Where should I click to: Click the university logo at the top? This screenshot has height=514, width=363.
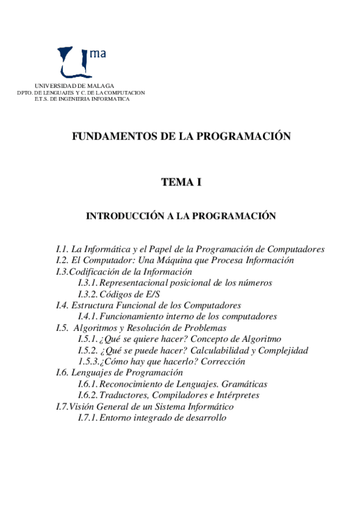click(x=82, y=61)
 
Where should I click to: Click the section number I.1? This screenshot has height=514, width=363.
click(x=62, y=249)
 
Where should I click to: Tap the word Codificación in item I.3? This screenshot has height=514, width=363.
click(x=93, y=272)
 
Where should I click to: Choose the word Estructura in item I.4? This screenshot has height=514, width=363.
click(x=92, y=305)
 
